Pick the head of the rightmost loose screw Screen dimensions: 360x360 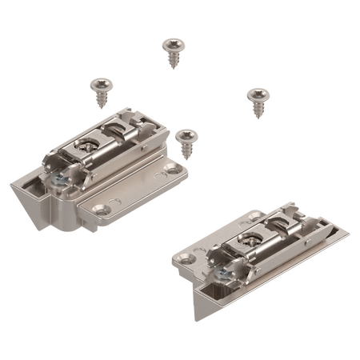pyautogui.click(x=255, y=93)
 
